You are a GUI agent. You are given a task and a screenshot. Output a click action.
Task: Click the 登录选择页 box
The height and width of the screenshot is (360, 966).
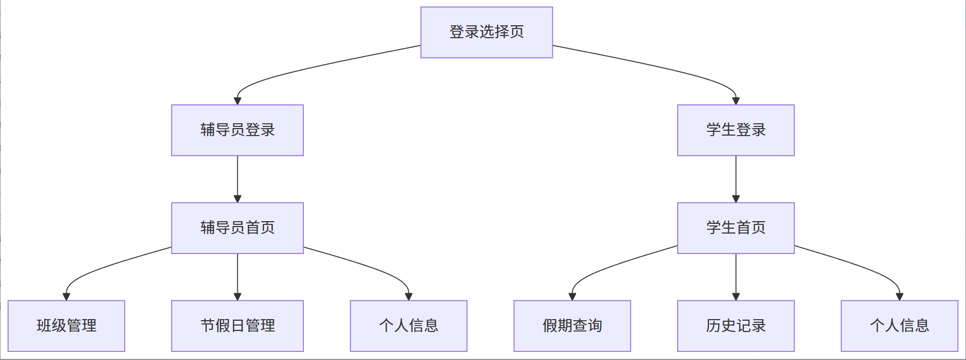point(486,32)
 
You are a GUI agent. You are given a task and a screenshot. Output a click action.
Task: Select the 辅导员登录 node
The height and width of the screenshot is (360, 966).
point(237,130)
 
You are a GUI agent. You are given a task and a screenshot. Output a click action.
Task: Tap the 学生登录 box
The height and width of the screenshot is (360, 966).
point(735,130)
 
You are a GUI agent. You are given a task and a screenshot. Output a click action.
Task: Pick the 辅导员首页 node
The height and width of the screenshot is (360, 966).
point(237,228)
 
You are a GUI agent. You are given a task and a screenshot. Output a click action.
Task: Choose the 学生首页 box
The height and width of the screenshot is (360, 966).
point(735,228)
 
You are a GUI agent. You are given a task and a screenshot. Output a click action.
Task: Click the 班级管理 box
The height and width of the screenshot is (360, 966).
point(66,326)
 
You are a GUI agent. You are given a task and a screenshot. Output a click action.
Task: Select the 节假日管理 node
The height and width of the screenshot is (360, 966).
point(237,326)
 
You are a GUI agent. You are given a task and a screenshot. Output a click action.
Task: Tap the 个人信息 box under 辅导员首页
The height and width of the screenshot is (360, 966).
point(408,326)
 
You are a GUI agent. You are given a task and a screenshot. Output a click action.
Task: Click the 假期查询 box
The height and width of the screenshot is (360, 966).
point(572,326)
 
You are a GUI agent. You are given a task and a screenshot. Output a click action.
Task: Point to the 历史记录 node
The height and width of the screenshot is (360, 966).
point(735,326)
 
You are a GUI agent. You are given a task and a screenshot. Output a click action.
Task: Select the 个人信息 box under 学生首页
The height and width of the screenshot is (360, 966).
point(899,326)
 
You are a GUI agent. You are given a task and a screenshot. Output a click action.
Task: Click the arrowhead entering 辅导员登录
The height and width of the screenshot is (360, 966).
point(237,101)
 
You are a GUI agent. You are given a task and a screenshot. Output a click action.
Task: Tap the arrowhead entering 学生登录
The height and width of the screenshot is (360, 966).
point(736,101)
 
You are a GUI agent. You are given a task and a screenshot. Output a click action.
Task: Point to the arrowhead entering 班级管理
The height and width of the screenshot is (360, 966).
point(66,297)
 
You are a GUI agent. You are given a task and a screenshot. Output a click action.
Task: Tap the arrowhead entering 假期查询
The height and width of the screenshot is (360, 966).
point(572,297)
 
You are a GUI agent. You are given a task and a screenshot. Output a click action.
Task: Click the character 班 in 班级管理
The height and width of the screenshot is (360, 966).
point(44,326)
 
